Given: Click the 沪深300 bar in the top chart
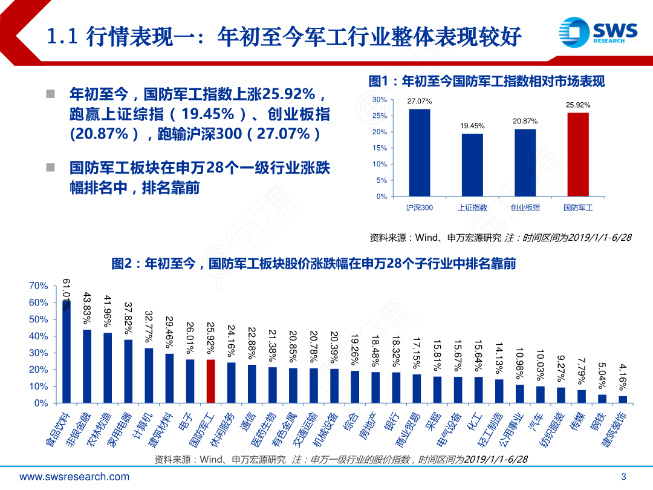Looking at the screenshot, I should point(419,152).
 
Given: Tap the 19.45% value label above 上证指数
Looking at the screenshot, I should point(472,126).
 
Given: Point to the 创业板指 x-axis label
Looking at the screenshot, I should point(525,207).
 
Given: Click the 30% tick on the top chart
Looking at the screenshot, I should point(380,100).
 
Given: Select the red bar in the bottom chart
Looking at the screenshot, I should point(210,381).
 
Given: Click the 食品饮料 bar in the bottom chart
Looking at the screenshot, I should point(67,354).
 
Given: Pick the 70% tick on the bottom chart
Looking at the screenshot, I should point(39,286).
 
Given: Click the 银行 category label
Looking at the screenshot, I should point(392,420).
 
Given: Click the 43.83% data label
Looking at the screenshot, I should point(87,310).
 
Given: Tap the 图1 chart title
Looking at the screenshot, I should point(487,81).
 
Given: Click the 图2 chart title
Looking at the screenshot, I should point(314,264).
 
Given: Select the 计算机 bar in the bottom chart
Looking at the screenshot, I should point(149,375).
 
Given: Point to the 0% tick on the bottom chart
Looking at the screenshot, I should point(41,403).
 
